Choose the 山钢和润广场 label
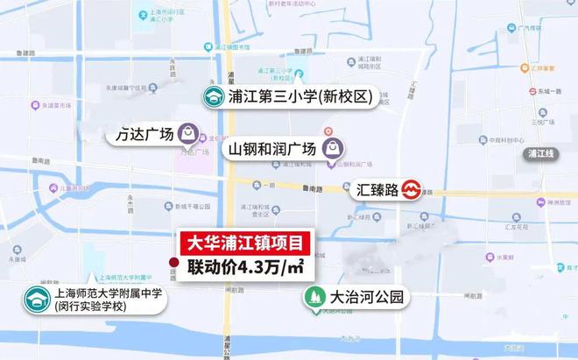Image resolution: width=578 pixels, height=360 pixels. [271, 149]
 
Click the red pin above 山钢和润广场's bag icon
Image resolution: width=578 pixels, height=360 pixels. [328, 131]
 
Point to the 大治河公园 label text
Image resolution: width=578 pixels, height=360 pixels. [367, 298]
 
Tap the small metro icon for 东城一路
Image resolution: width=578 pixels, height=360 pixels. [532, 90]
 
